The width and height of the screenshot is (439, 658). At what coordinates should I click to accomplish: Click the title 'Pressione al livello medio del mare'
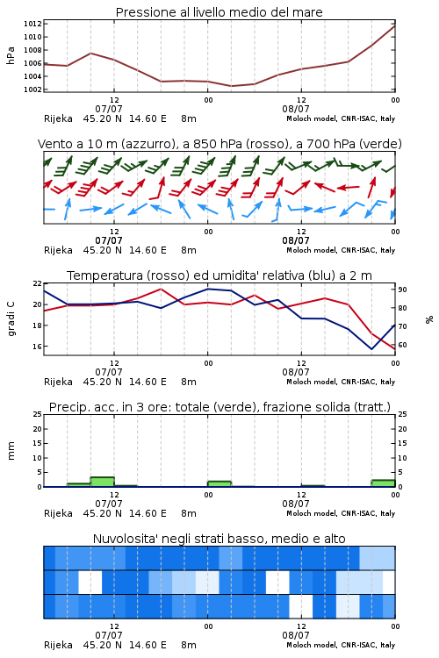tap(219, 12)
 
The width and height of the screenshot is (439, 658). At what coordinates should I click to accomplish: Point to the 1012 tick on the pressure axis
tap(32, 24)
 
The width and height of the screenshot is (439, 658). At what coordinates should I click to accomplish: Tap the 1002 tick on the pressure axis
tap(32, 89)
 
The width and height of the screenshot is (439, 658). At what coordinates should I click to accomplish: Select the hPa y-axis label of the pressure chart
tap(11, 55)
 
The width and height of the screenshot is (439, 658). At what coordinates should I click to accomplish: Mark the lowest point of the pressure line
tap(231, 86)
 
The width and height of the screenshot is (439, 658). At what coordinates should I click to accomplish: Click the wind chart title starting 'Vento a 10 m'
tap(219, 144)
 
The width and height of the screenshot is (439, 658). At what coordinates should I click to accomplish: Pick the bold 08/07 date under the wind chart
tap(296, 240)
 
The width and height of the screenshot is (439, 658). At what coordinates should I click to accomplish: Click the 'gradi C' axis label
tap(11, 318)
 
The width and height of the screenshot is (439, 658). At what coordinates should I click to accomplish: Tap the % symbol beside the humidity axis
tap(429, 319)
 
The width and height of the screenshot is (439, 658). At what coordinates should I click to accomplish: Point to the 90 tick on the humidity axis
tap(402, 290)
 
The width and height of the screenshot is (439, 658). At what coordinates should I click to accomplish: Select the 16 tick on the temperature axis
tap(37, 347)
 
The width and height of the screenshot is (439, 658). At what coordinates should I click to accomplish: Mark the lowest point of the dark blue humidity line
tap(371, 348)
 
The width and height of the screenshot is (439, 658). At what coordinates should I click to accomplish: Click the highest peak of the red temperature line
tap(161, 289)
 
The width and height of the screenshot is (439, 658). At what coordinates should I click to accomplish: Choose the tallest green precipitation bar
tap(103, 482)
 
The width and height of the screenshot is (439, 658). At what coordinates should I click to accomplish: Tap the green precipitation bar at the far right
tap(383, 483)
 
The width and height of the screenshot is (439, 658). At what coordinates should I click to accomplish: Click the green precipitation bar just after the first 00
tap(219, 483)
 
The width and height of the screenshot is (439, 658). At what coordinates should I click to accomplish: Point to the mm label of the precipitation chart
tap(11, 450)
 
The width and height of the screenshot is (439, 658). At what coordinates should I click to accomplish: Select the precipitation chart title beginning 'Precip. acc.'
tap(219, 407)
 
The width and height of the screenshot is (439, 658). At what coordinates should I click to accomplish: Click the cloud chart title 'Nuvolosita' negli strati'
tap(219, 539)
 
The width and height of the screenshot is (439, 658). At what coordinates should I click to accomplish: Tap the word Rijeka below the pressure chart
tap(58, 118)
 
